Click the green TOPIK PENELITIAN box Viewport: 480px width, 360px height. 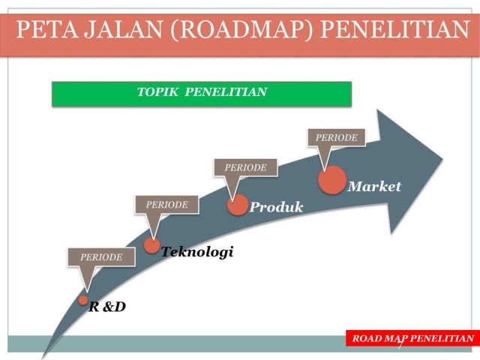tap(201, 93)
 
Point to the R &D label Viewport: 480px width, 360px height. tap(108, 306)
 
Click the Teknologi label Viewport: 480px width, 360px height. tap(198, 252)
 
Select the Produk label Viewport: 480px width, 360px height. tap(277, 207)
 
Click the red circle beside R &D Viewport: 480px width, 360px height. tap(84, 300)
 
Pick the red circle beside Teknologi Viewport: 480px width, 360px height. tap(151, 245)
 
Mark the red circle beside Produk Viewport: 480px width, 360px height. tap(238, 205)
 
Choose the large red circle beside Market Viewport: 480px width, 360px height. tap(332, 180)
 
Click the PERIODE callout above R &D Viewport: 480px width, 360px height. tap(101, 256)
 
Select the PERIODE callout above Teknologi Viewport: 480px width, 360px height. tap(166, 203)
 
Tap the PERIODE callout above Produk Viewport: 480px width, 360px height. tap(245, 167)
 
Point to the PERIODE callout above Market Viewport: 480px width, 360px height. tap(336, 137)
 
